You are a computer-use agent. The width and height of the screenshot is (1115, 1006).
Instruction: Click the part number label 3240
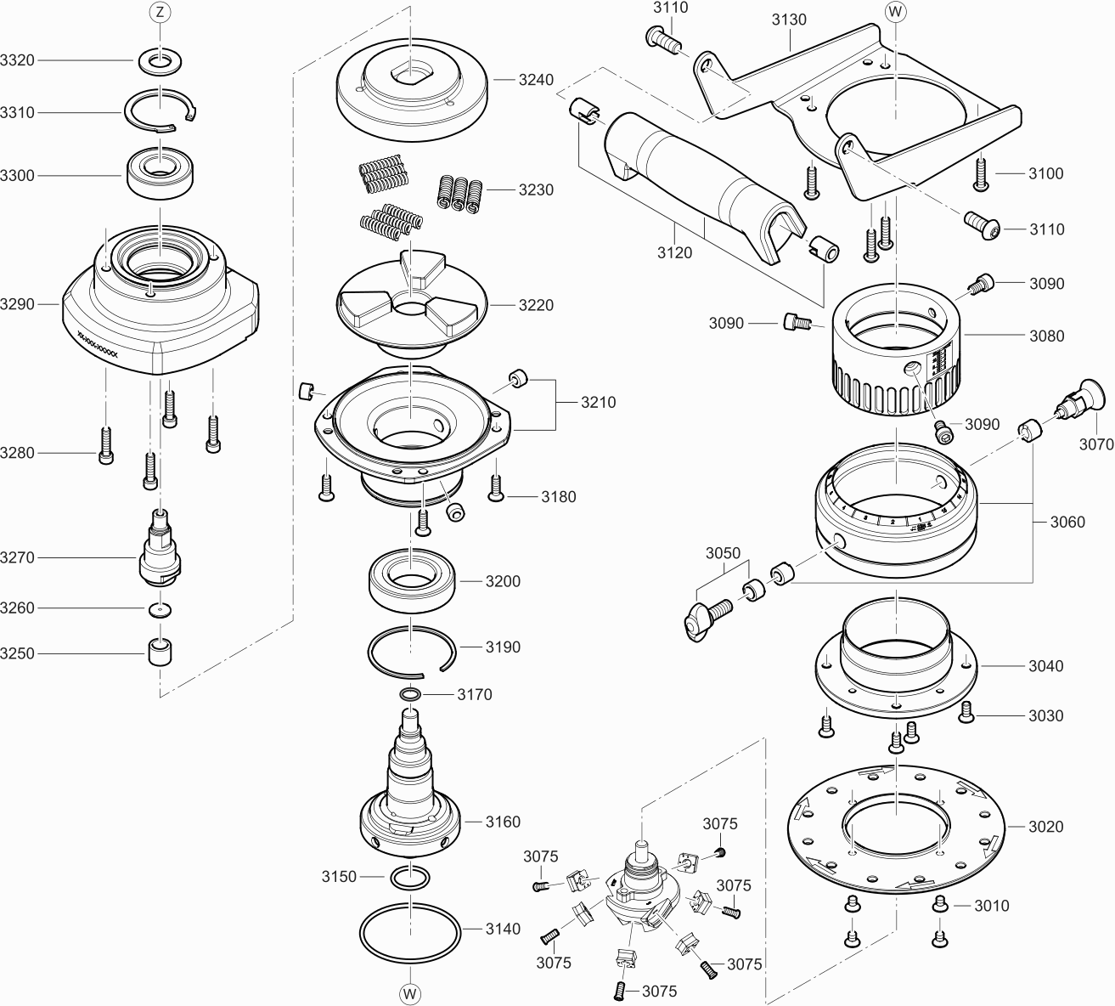point(536,80)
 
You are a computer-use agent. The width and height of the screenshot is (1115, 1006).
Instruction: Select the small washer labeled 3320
point(160,60)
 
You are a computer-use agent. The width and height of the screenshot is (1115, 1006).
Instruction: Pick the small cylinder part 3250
point(160,653)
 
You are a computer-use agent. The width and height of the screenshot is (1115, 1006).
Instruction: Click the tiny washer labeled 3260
point(160,608)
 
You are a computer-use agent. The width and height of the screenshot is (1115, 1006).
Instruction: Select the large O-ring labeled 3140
point(411,930)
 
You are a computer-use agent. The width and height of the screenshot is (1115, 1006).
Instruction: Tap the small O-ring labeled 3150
point(411,875)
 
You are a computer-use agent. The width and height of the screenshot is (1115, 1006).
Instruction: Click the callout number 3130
point(789,20)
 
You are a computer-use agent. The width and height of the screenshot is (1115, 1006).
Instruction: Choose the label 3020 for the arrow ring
point(1045,826)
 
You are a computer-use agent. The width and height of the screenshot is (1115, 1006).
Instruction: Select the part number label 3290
point(18,303)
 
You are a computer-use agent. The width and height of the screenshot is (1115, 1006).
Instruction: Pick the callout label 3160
point(503,822)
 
